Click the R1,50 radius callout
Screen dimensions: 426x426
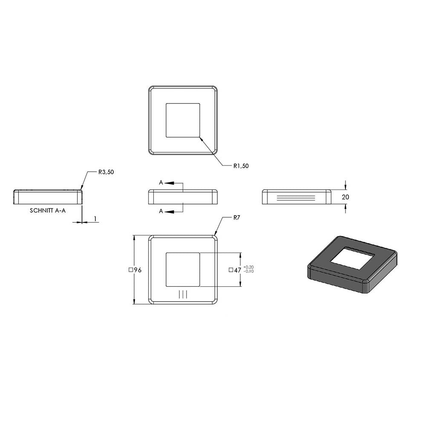pyautogui.click(x=241, y=166)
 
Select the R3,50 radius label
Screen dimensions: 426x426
pyautogui.click(x=106, y=172)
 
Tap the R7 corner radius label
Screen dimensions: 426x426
pyautogui.click(x=236, y=217)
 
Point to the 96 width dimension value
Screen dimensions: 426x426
pyautogui.click(x=138, y=270)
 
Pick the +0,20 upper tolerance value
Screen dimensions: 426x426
pyautogui.click(x=249, y=268)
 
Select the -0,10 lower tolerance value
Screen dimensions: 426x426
pyautogui.click(x=249, y=271)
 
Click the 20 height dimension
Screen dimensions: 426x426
pyautogui.click(x=345, y=197)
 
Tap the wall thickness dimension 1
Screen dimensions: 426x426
pyautogui.click(x=95, y=219)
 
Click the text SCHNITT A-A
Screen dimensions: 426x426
pyautogui.click(x=48, y=210)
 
